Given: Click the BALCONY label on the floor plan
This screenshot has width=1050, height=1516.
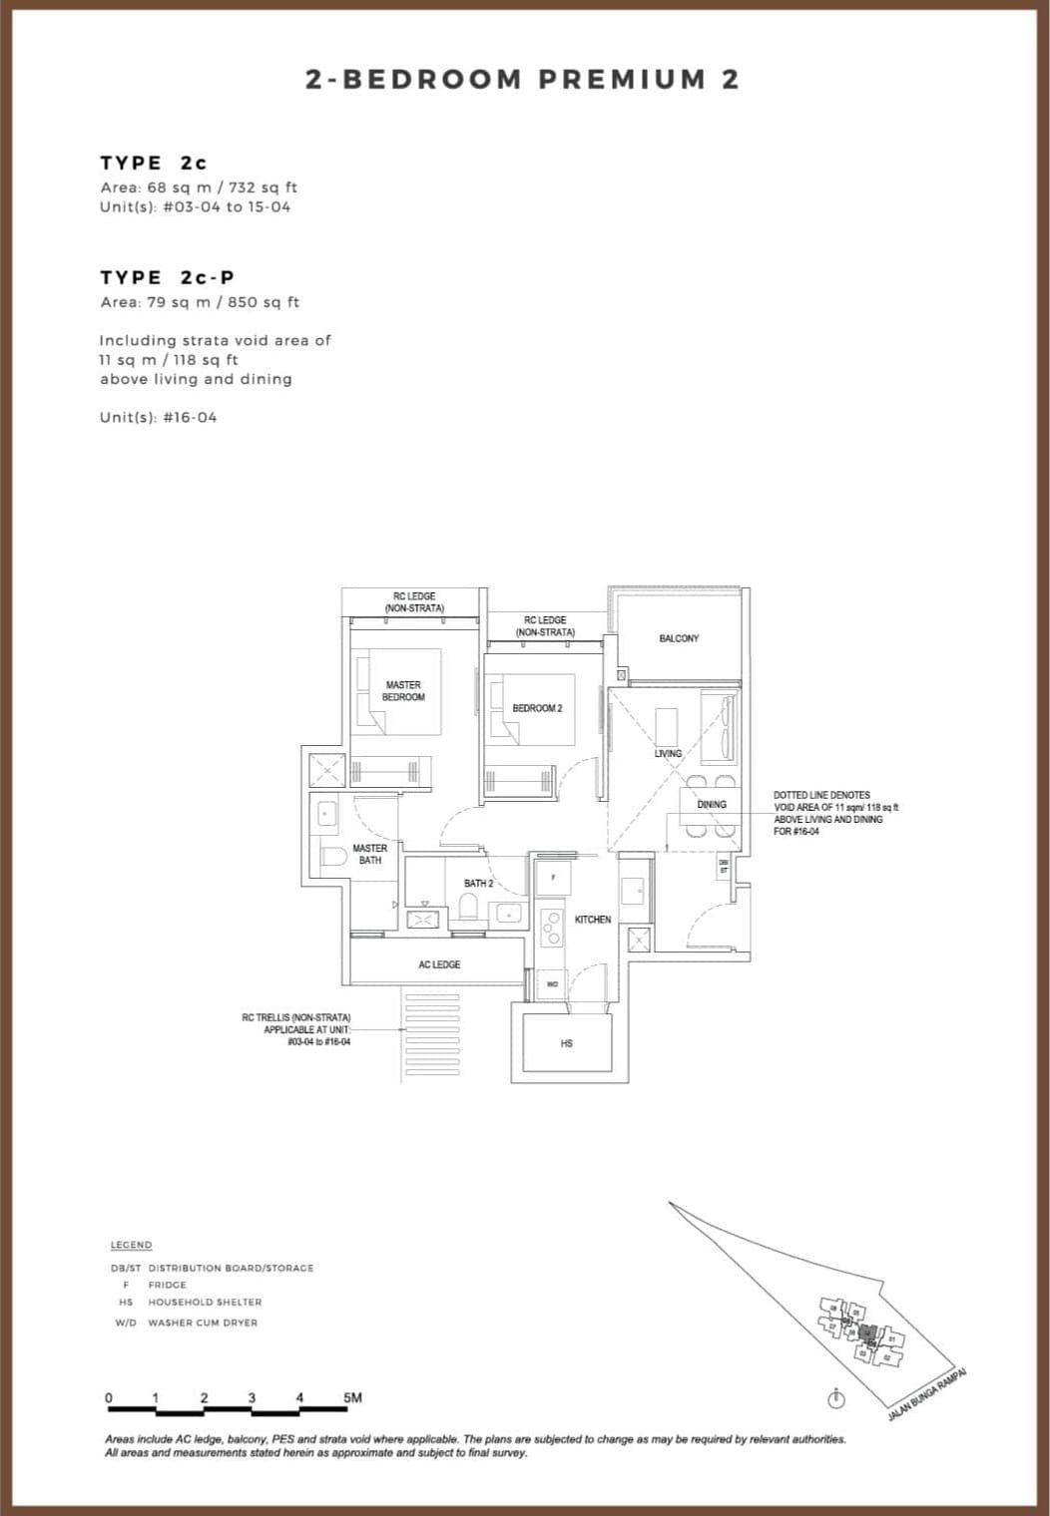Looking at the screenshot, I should click(679, 638).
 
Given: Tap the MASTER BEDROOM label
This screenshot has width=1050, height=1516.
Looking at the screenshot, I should click(403, 691).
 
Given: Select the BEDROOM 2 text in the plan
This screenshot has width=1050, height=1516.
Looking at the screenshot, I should click(537, 708).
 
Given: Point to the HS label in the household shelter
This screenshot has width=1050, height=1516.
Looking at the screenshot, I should click(567, 1043).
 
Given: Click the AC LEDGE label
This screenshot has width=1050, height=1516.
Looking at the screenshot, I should click(439, 964).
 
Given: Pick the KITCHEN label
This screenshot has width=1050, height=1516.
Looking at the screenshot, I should click(593, 920).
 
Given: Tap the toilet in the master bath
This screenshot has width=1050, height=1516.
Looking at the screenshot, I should click(333, 856).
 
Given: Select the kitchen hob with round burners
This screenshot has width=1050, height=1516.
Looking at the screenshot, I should click(551, 928).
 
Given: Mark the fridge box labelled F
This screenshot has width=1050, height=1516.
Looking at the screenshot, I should click(553, 878).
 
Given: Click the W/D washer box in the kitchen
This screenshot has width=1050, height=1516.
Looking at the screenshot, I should click(552, 983).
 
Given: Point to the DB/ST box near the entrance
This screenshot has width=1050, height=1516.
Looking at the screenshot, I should click(724, 867).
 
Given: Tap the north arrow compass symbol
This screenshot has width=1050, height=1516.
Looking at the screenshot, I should click(836, 1399).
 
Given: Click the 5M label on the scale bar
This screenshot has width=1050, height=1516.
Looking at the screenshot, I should click(352, 1398).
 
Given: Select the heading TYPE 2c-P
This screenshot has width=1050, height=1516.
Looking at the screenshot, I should click(168, 277).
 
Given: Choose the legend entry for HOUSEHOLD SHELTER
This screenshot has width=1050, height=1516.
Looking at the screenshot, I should click(205, 1302).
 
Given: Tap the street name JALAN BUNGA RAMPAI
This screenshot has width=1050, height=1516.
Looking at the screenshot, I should click(927, 1394).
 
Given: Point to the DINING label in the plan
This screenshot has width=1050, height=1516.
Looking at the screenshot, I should click(712, 804).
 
